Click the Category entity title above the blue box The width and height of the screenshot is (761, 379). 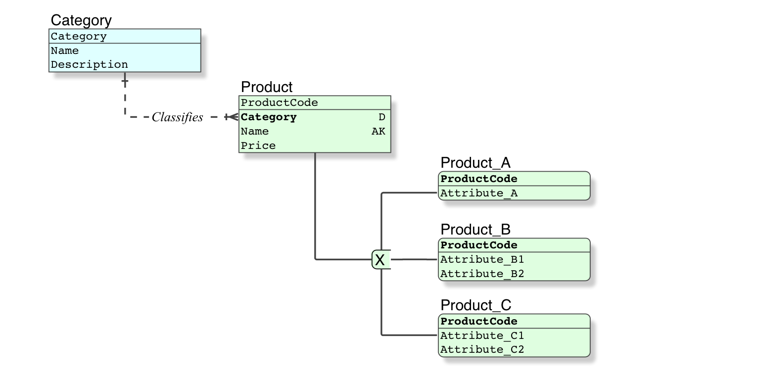point(81,20)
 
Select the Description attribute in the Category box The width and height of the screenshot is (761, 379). point(90,64)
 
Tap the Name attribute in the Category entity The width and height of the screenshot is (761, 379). point(65,50)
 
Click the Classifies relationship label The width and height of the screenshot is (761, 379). point(177,117)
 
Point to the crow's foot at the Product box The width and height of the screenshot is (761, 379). point(232,117)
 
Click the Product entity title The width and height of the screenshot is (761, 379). point(267,87)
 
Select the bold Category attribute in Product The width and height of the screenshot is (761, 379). point(269,117)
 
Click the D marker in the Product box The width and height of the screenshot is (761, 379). point(382,117)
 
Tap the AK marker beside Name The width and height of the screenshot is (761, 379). point(379,132)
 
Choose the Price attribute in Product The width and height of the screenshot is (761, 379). point(258,145)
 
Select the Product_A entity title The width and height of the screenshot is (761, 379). point(476,163)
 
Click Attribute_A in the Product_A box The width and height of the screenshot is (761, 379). point(479,193)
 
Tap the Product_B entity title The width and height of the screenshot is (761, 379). point(476,230)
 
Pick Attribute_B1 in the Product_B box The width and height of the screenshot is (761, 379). point(482,259)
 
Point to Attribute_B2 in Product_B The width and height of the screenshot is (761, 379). point(482,274)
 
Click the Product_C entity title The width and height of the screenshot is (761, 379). point(476,305)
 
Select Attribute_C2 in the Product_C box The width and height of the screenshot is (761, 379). point(482,349)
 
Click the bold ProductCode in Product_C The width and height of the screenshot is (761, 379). point(479,321)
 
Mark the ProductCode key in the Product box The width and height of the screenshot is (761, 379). point(280,102)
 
